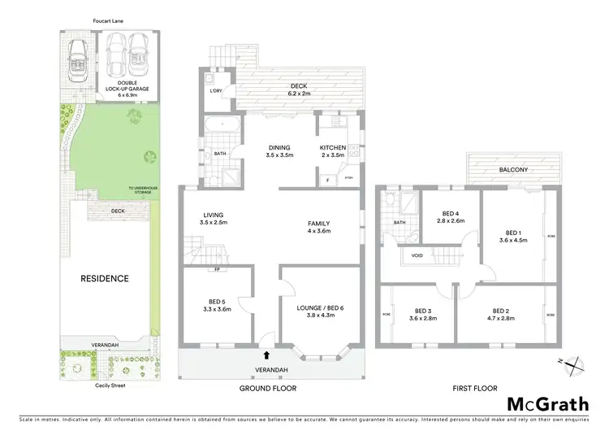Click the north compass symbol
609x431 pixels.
coord(573,365)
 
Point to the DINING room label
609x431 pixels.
coord(281,151)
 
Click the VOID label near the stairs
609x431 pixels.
coord(417,255)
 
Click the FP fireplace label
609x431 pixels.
coord(218,271)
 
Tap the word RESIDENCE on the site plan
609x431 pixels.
coord(104,279)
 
